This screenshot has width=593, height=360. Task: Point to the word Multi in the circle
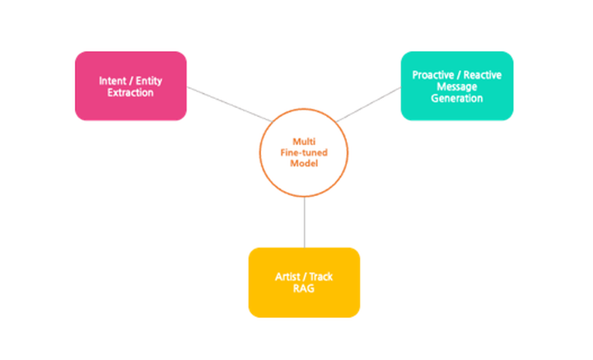[x=304, y=142]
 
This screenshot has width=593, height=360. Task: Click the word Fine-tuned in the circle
[x=304, y=152]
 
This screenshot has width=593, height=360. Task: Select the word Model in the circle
[x=304, y=163]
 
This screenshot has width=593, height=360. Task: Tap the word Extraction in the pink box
[x=130, y=92]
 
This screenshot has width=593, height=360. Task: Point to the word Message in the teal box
[x=456, y=86]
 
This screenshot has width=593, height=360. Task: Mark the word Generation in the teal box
[x=456, y=98]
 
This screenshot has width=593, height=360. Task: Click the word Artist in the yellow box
[x=287, y=277]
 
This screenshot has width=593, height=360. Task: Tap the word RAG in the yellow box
[x=304, y=288]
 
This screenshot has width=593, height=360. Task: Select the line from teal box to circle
[x=370, y=104]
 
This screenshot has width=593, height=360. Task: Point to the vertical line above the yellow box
[x=304, y=222]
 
